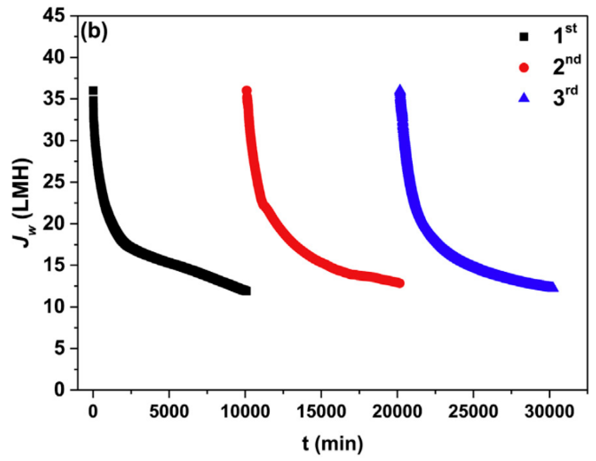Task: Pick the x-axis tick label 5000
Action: click(x=169, y=412)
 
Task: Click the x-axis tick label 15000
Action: click(x=321, y=412)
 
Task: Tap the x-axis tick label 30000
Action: click(x=549, y=412)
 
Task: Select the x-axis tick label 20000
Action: click(x=397, y=412)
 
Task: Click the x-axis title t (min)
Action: click(x=332, y=444)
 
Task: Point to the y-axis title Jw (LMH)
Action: click(x=22, y=203)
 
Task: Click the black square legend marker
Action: click(x=524, y=37)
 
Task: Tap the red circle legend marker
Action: click(x=524, y=68)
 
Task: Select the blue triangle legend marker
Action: click(x=524, y=98)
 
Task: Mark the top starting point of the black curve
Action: click(x=93, y=90)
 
